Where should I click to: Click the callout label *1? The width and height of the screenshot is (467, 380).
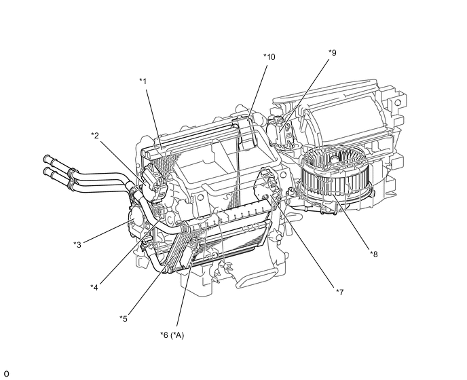point(143,81)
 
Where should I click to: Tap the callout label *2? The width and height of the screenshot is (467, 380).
point(95,135)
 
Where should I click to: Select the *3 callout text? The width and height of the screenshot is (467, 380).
point(77,244)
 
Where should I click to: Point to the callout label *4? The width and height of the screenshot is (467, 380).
point(95,287)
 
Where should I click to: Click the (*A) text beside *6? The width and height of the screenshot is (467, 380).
point(177,335)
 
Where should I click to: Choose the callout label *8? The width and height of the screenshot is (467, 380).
point(374,254)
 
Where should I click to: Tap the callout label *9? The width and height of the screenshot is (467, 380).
point(332,52)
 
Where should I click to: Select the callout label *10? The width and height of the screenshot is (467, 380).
point(269,57)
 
